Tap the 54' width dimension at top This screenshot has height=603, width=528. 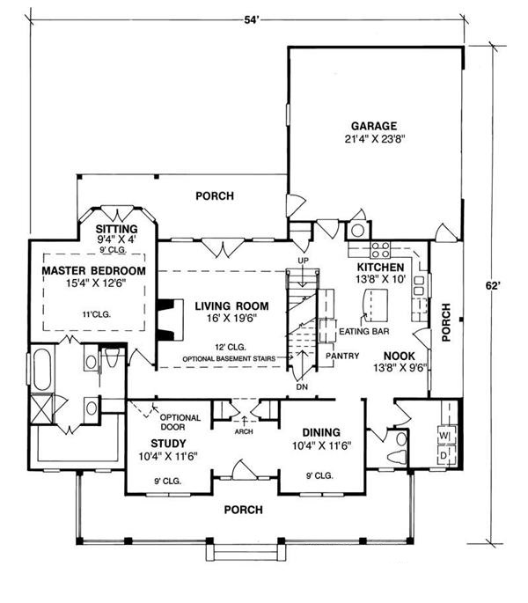(256, 19)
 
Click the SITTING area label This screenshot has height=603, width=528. (117, 229)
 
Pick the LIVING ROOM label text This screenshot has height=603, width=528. (231, 306)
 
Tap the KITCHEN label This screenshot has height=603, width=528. (380, 267)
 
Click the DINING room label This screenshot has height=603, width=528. (321, 432)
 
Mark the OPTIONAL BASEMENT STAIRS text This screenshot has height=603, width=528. (231, 359)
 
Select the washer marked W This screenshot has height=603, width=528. (444, 434)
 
